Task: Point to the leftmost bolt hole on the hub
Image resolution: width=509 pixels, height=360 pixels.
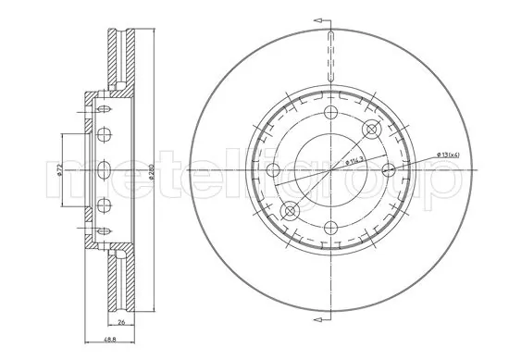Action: (x=272, y=170)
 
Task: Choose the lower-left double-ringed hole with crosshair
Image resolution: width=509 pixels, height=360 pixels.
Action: (x=289, y=211)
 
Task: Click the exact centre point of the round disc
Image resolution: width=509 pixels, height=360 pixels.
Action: (x=330, y=169)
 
